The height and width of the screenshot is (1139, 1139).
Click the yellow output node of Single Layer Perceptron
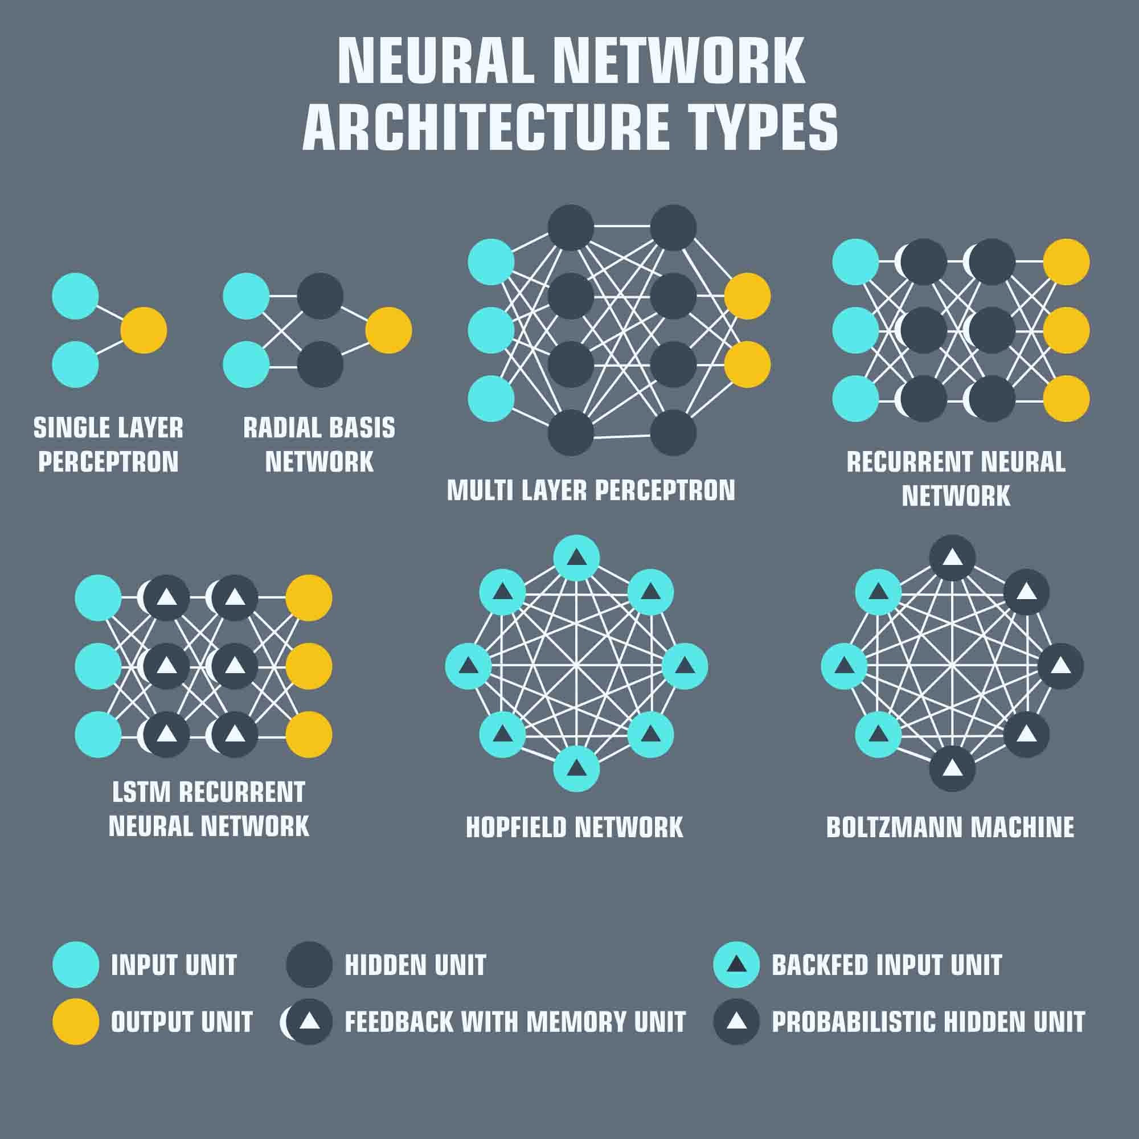(144, 330)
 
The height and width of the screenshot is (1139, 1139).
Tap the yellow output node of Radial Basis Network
(388, 330)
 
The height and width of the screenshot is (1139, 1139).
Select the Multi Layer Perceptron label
(591, 490)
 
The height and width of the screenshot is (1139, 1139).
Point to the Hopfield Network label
(574, 827)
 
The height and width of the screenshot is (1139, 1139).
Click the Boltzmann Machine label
(950, 827)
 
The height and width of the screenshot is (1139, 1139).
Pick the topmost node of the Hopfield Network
(576, 558)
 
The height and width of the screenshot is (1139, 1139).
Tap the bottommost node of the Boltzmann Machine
(952, 769)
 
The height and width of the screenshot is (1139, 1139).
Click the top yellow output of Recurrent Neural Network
(1066, 262)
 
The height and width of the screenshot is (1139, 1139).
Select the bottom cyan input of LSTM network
(99, 735)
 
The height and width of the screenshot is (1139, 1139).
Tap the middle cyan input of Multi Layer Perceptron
(491, 330)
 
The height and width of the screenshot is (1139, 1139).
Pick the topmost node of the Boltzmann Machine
(952, 558)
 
